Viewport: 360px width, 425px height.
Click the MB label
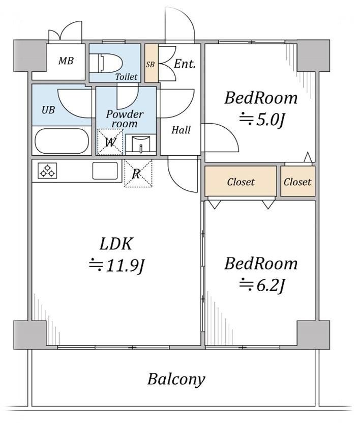66,61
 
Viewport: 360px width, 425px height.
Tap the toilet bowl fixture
106,64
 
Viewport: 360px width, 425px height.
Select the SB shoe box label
150,64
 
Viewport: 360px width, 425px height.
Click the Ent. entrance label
185,64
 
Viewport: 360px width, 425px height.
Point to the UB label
48,110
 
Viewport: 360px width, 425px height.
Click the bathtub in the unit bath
62,141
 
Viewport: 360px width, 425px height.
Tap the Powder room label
125,119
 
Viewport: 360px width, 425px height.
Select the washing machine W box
110,142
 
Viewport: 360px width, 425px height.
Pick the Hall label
181,130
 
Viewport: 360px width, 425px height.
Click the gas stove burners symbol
47,171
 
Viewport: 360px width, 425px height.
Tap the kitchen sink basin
105,171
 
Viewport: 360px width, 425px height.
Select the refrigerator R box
138,174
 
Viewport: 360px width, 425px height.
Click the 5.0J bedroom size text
262,119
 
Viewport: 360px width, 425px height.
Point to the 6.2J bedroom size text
262,285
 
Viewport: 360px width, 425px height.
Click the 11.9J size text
117,265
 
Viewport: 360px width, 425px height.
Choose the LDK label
116,244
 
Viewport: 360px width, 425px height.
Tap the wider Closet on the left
241,182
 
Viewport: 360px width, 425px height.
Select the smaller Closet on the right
297,182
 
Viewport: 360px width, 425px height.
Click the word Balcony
176,379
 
